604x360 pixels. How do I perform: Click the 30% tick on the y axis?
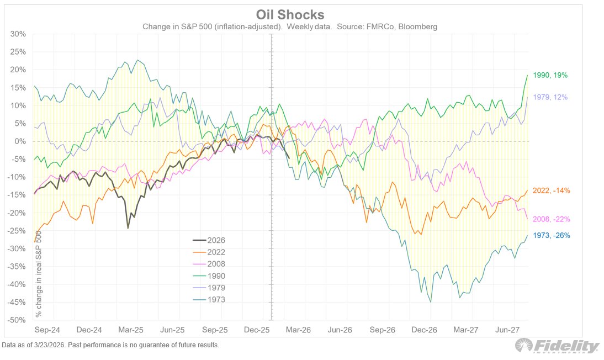18,34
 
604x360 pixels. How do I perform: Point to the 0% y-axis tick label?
20,141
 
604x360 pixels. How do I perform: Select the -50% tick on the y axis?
17,320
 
